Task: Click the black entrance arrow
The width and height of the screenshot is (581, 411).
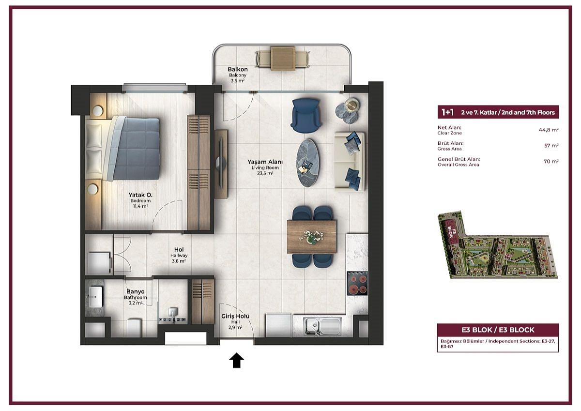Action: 236,360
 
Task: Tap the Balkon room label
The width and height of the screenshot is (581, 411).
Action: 238,70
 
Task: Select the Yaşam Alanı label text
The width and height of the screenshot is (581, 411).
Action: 265,162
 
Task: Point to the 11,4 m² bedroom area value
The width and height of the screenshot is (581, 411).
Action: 140,206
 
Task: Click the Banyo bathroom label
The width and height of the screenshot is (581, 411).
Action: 136,292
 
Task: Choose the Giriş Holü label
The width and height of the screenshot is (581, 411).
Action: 235,316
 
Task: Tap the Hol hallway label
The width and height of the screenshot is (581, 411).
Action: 179,249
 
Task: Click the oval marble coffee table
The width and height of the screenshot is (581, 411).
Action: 308,163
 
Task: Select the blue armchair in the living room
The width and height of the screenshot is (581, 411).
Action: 306,115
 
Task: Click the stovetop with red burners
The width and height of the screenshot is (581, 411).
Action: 357,283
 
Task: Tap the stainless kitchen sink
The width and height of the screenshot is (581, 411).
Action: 322,326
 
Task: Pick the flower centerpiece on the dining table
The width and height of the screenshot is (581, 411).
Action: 311,237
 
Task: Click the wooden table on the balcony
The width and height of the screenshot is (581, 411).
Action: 283,58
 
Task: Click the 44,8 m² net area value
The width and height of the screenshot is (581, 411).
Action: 549,130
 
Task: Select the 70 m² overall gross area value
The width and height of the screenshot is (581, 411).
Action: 551,162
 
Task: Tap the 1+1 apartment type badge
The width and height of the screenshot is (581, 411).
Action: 448,112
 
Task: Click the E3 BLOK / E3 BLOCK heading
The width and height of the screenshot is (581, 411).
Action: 498,330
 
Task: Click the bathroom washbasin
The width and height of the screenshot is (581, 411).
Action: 95,297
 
